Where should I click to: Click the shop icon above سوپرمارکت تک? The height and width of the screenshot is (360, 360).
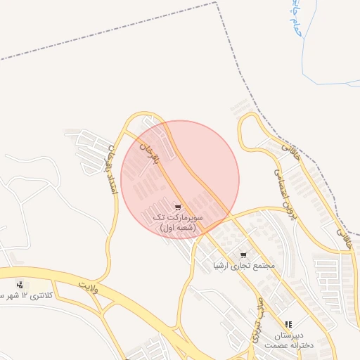[x=178, y=207]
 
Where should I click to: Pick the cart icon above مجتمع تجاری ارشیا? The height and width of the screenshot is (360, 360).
[x=243, y=255]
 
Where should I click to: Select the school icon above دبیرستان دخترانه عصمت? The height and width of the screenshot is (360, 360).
[x=288, y=325]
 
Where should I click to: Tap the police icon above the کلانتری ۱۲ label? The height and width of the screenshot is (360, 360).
[x=20, y=285]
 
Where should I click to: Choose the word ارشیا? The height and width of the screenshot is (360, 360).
[x=226, y=266]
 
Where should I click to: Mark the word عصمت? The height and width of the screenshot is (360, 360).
[x=273, y=346]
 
